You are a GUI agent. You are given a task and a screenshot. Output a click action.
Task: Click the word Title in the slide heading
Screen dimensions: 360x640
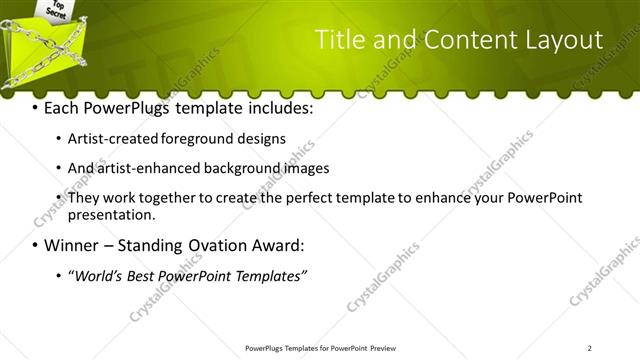click(339, 40)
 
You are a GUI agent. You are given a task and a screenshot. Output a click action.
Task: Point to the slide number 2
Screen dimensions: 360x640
click(590, 348)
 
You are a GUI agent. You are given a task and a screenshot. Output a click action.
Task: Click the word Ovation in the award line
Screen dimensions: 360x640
click(221, 246)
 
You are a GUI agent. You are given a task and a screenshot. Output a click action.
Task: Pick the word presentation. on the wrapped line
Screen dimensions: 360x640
click(111, 214)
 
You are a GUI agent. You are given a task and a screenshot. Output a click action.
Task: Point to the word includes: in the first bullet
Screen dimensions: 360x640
click(279, 108)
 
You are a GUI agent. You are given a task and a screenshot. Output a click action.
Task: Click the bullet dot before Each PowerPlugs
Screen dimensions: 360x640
click(36, 108)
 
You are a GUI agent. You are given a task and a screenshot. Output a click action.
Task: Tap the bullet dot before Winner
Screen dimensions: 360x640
click(36, 246)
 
